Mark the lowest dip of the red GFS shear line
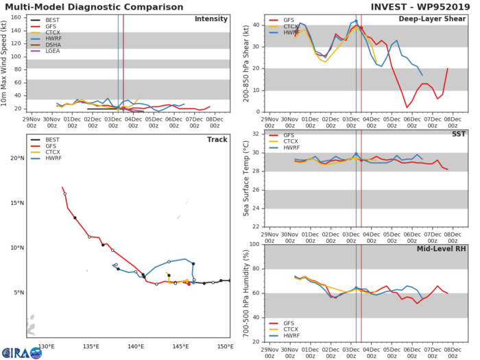[407, 107]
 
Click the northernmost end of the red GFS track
[62, 187]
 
